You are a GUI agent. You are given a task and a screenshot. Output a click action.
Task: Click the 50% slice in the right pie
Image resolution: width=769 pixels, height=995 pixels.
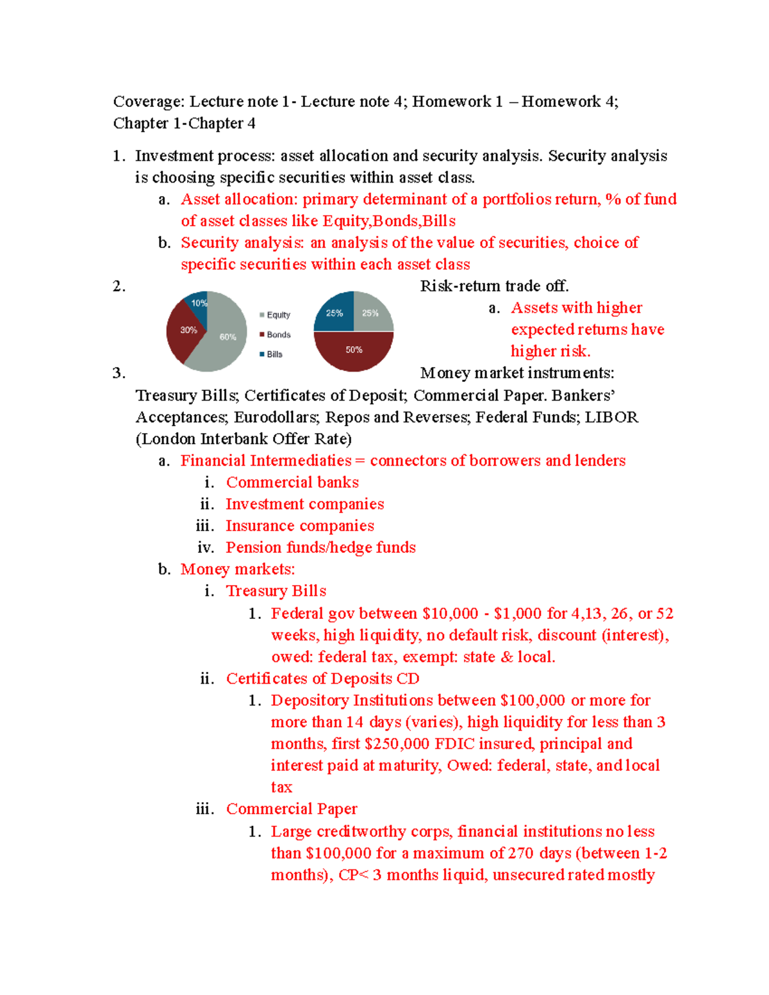tap(354, 350)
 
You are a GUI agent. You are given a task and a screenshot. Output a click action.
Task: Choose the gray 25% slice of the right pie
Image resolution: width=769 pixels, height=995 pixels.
tap(372, 313)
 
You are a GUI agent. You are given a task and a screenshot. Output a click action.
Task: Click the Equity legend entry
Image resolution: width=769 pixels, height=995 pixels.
tap(275, 315)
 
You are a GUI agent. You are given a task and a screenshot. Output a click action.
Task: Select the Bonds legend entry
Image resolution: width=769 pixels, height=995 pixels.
tap(275, 334)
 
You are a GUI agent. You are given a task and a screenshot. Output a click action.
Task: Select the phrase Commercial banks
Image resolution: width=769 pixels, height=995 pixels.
tap(292, 482)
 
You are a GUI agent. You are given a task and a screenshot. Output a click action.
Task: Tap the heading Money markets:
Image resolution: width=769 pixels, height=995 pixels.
tap(238, 570)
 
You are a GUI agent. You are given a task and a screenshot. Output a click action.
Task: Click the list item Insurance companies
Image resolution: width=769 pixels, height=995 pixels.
tap(300, 526)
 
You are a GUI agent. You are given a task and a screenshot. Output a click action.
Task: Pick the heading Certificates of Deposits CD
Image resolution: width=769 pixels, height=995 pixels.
tap(322, 678)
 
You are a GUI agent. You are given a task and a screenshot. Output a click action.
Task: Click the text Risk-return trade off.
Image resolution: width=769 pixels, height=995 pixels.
tap(494, 286)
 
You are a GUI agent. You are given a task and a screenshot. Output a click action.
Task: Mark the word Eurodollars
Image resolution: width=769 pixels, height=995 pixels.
tap(276, 417)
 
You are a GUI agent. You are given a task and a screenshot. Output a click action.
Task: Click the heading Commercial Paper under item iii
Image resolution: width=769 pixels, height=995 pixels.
tap(292, 809)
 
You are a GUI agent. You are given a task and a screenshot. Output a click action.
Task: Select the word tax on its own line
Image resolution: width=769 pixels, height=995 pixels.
tap(281, 787)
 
